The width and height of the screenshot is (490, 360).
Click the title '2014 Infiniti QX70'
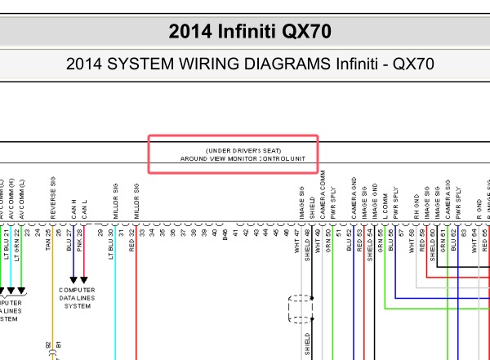[245, 31]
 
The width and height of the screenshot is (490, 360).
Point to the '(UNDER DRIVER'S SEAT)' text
[232, 151]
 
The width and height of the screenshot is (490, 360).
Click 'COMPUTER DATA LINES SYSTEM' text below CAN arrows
[78, 297]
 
